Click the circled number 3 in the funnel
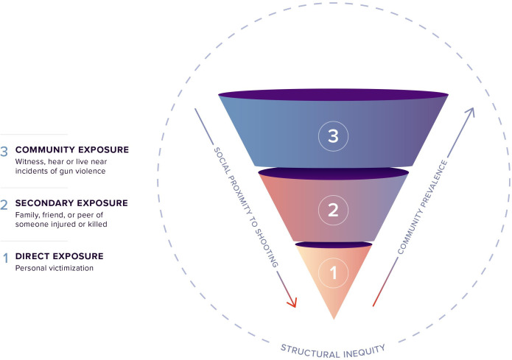[x=333, y=136]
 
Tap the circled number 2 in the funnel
[x=333, y=210]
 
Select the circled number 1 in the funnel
[x=333, y=274]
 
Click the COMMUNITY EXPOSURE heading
[x=72, y=149]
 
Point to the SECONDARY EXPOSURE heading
[x=71, y=202]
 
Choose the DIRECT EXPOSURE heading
[x=60, y=256]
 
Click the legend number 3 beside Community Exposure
[x=4, y=149]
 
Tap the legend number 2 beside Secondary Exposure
[x=4, y=203]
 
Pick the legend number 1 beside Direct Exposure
[x=4, y=257]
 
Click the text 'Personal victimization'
[x=53, y=268]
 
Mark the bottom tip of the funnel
[x=334, y=317]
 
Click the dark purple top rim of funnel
[x=333, y=95]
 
